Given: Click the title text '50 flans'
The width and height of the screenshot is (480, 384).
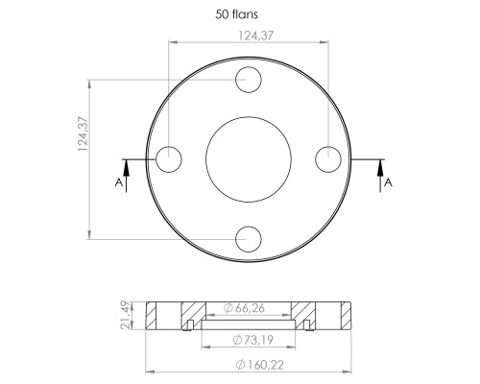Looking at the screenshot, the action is [236, 14].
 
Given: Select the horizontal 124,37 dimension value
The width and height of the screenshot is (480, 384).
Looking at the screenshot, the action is [256, 36].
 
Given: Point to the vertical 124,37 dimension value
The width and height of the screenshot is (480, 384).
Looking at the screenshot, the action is [83, 134].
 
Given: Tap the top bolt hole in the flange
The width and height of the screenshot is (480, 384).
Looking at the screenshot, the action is [249, 80].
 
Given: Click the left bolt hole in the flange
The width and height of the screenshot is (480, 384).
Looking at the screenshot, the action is [169, 159].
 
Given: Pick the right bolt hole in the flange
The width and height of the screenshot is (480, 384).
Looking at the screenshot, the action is [328, 159].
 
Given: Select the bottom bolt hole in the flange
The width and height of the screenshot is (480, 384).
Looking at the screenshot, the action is [249, 239].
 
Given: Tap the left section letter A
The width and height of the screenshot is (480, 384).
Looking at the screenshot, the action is [119, 182].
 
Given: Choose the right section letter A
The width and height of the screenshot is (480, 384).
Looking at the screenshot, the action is [388, 182].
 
